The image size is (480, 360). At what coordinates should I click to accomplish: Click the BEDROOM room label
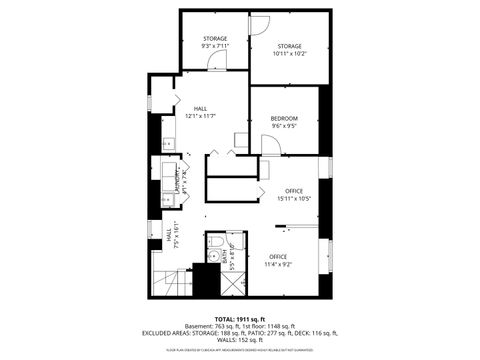tap(284, 119)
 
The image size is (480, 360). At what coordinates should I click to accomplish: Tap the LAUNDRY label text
tap(177, 181)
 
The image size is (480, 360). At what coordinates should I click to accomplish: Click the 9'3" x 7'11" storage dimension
tap(215, 46)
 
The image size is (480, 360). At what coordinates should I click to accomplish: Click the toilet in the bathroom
tap(215, 243)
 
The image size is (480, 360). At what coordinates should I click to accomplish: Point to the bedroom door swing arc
tap(271, 144)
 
